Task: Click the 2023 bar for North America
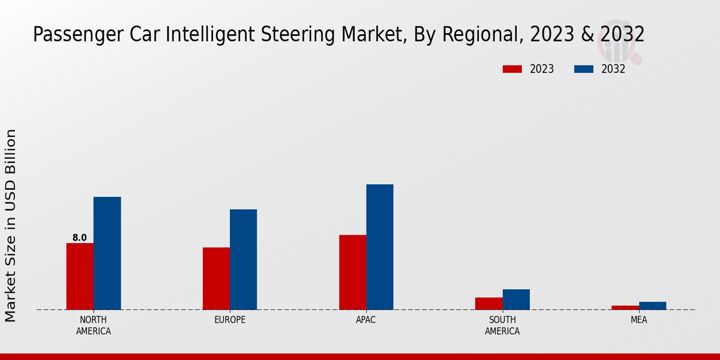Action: [x=80, y=276]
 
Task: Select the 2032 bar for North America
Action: [x=107, y=253]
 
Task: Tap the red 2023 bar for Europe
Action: [x=216, y=278]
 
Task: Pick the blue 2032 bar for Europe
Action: [x=243, y=259]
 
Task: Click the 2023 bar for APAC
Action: [x=352, y=272]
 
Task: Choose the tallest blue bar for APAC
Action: [x=380, y=247]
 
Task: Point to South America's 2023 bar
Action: [x=488, y=304]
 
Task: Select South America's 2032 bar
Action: [x=516, y=299]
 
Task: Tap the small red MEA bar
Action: [x=625, y=307]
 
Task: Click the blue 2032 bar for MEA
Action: [x=652, y=305]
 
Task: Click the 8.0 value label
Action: [x=80, y=238]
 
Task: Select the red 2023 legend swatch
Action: [x=512, y=69]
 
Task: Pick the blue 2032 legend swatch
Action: [x=584, y=69]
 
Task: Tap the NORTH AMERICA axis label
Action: [x=94, y=325]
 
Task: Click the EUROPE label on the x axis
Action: [x=230, y=320]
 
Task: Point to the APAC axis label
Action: [x=366, y=320]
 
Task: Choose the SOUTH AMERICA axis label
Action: [x=502, y=325]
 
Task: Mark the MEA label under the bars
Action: [x=638, y=320]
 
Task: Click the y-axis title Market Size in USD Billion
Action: [x=11, y=225]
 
